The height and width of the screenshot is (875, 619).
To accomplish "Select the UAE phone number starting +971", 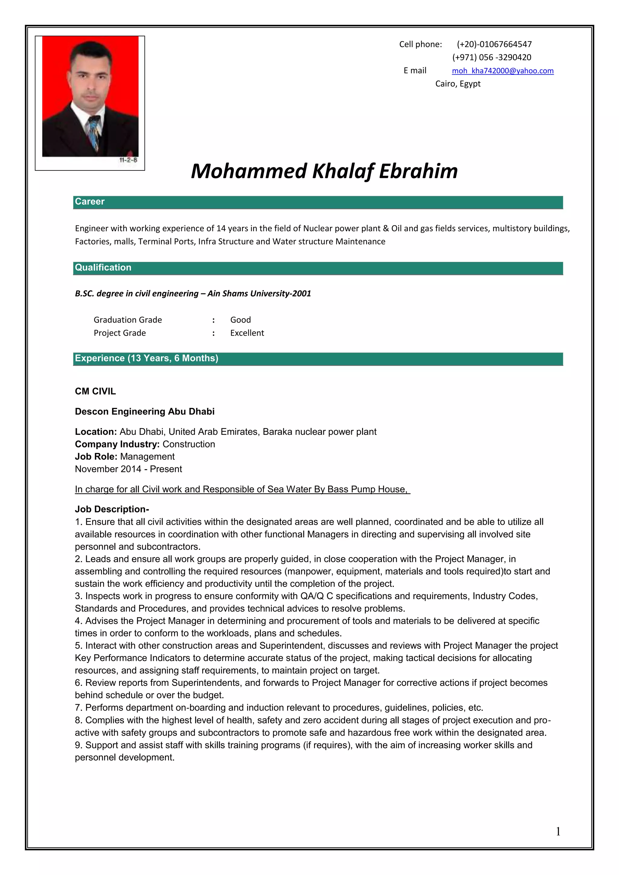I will tap(491, 57).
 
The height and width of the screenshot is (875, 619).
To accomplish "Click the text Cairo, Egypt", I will tap(458, 83).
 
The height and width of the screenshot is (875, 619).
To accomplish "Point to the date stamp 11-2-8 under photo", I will tap(128, 160).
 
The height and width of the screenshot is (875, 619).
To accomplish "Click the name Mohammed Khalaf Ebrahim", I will tap(324, 171).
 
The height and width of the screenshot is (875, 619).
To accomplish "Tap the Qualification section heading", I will tap(103, 267).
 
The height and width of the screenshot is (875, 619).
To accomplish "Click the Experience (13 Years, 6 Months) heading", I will tap(146, 358).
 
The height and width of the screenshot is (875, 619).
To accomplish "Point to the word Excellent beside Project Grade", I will tap(247, 333).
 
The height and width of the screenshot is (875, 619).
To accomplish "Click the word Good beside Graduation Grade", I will tap(241, 320).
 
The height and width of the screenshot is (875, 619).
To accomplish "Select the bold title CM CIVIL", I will tap(95, 391).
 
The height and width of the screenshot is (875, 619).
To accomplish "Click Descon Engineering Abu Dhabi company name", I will tap(144, 412).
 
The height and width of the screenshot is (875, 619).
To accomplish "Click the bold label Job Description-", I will tap(112, 509).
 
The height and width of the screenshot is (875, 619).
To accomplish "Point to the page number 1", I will tap(558, 831).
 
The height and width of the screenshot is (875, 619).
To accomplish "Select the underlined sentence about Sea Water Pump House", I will tap(242, 489).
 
